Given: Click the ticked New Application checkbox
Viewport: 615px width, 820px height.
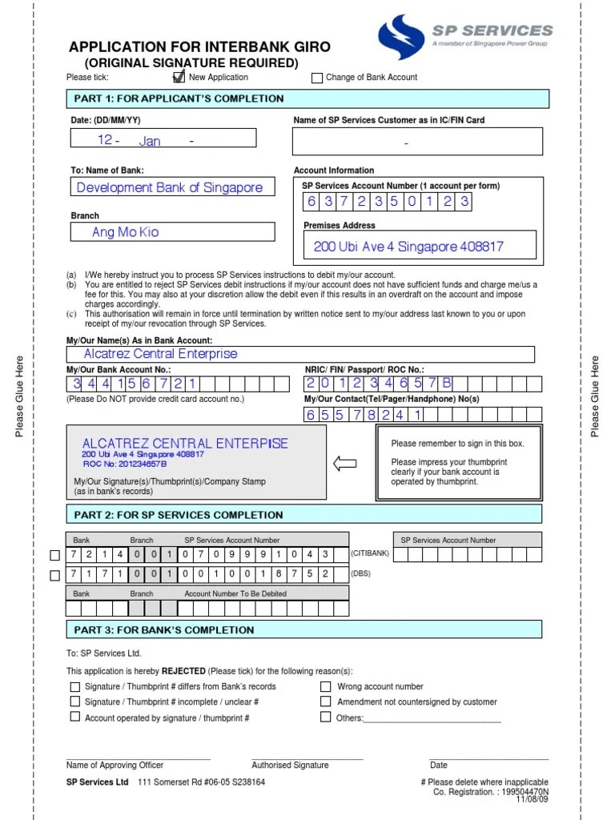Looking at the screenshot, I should tap(179, 78).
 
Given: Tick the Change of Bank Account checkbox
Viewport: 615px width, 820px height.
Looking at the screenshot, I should tap(317, 78).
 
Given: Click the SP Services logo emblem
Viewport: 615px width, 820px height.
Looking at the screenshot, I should tap(401, 38).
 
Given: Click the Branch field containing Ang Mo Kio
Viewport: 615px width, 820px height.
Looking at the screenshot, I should tap(172, 232).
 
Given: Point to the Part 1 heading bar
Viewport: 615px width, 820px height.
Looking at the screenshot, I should tap(307, 98).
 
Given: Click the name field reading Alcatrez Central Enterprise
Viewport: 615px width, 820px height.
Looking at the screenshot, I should tap(300, 354).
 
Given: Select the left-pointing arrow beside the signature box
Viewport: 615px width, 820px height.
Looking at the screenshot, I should tap(344, 464).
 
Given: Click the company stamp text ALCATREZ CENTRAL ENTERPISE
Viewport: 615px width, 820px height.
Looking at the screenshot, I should tap(185, 444).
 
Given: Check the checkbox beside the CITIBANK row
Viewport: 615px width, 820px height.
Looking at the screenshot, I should tap(54, 554).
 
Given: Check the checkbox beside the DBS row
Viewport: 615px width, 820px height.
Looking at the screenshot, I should tap(54, 575).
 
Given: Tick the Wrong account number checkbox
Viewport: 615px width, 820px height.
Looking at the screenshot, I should tap(325, 686).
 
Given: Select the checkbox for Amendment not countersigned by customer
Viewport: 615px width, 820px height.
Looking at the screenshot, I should tap(325, 701).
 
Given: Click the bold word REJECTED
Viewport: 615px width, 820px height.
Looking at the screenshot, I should tap(183, 671).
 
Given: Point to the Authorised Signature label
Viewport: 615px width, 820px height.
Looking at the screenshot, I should tap(290, 765).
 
